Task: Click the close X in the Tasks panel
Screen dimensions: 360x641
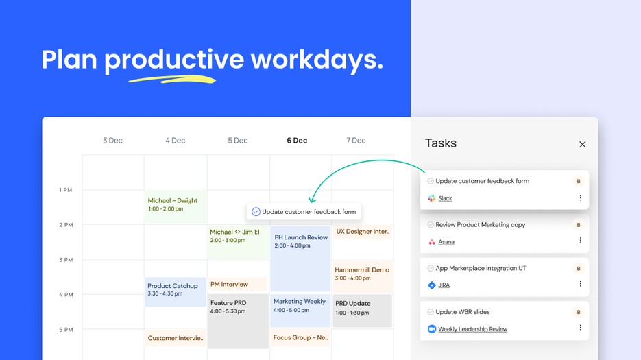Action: click(582, 145)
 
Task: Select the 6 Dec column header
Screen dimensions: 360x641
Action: click(297, 141)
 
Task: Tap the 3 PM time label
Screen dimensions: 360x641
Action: click(66, 260)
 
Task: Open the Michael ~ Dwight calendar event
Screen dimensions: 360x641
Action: click(175, 205)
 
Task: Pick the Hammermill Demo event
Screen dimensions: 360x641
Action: click(362, 274)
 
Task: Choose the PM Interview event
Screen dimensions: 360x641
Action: click(237, 284)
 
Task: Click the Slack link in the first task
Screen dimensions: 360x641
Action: click(445, 198)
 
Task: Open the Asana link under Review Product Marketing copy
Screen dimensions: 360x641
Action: click(446, 242)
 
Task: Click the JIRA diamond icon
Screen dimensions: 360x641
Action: click(431, 285)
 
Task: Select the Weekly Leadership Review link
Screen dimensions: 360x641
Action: click(472, 329)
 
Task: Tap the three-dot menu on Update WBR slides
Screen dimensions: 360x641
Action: click(580, 328)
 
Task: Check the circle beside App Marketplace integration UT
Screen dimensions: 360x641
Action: click(431, 268)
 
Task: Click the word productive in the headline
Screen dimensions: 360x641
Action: click(173, 60)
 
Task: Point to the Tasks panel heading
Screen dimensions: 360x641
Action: click(440, 143)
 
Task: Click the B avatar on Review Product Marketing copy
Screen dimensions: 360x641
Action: click(579, 225)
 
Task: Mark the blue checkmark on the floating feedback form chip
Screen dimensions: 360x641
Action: click(256, 212)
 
